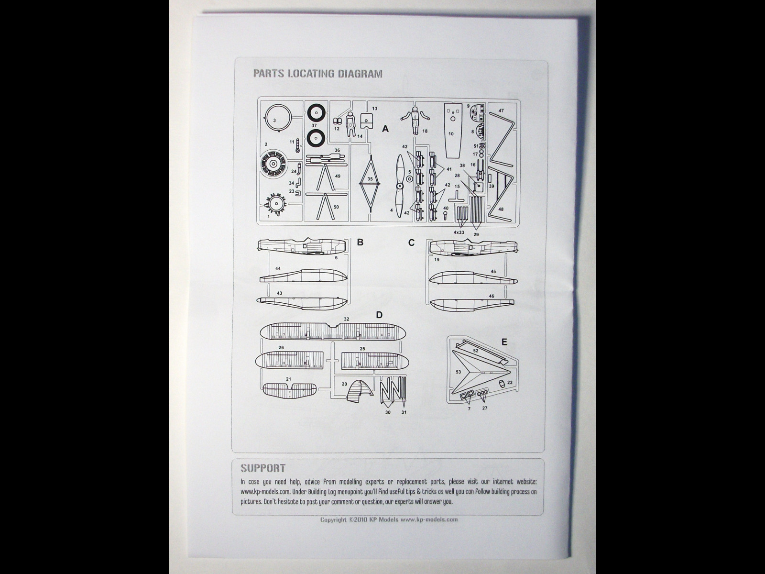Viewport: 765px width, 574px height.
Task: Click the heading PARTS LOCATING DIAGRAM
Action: click(317, 74)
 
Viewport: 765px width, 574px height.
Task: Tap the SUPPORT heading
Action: click(262, 468)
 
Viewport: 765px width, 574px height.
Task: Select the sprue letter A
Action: click(385, 129)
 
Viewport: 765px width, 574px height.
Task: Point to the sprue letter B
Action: click(360, 242)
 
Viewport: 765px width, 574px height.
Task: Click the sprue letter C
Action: click(411, 243)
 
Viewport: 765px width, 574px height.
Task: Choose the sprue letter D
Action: click(379, 315)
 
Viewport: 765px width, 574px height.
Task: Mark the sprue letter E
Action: click(504, 342)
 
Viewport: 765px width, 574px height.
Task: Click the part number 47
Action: click(501, 110)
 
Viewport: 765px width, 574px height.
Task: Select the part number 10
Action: click(451, 133)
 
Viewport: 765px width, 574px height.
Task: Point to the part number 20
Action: click(344, 384)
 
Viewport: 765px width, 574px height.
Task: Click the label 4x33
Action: click(459, 232)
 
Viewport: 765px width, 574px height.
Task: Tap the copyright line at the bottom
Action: click(389, 519)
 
